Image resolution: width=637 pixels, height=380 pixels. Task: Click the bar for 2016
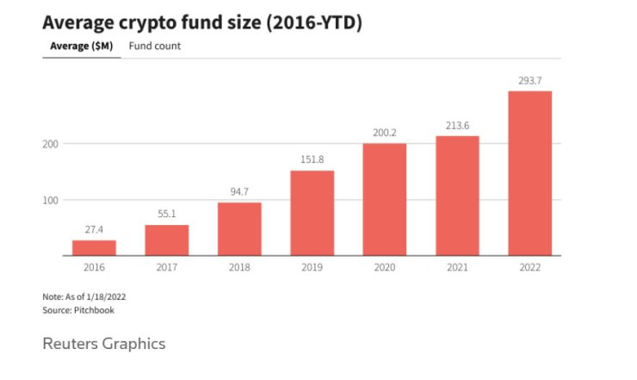coord(94,247)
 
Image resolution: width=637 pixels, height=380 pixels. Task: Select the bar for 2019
coord(312,213)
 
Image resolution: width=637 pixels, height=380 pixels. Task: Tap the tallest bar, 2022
coord(529,173)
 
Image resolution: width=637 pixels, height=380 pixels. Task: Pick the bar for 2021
coord(457,196)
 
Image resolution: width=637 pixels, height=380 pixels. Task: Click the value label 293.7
coord(529,80)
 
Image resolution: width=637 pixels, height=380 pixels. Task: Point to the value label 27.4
coord(94,230)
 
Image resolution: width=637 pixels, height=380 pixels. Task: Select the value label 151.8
coord(312,159)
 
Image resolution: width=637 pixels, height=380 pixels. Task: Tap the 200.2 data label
coord(385,133)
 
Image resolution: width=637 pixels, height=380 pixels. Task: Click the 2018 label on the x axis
coord(239,268)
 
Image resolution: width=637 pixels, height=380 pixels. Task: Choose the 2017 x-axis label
coord(166,268)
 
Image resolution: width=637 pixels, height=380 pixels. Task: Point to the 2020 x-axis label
coord(385,268)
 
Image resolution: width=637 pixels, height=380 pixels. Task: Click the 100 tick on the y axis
coord(51,200)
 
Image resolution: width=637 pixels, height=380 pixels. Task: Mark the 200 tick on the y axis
coord(51,143)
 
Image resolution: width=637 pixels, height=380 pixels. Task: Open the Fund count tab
coord(155,46)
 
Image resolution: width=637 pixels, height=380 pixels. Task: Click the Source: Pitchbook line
coord(78,310)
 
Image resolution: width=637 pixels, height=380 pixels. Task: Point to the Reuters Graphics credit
coord(103,344)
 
